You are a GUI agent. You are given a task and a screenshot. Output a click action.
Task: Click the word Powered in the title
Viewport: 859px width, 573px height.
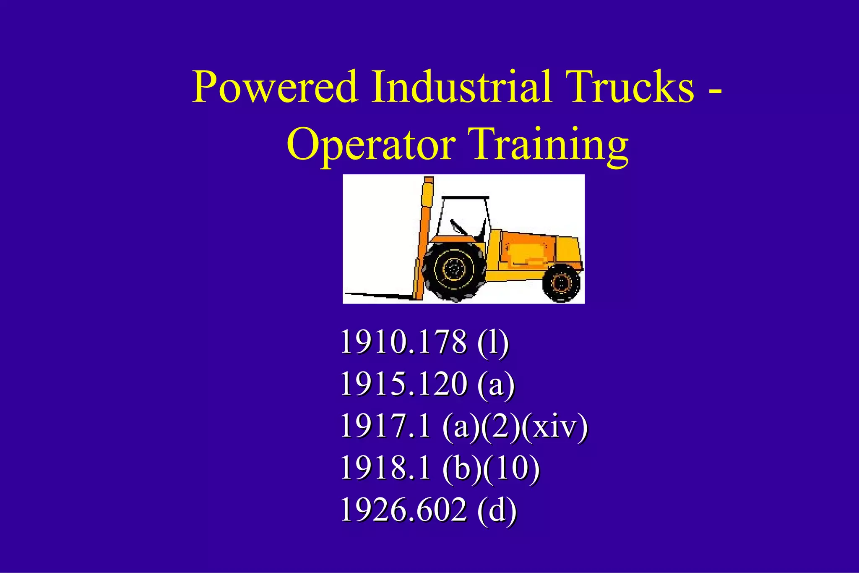click(x=275, y=87)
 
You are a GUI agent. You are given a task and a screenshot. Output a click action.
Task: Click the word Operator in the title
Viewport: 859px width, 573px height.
click(x=371, y=145)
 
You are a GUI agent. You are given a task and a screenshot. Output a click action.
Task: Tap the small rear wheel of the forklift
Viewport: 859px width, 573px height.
click(x=561, y=283)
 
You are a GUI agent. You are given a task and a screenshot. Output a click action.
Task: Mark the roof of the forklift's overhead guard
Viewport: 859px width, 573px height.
click(x=465, y=197)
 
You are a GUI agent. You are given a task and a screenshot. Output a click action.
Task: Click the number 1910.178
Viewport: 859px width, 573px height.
click(x=403, y=342)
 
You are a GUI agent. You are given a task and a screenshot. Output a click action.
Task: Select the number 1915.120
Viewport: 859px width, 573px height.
click(x=403, y=384)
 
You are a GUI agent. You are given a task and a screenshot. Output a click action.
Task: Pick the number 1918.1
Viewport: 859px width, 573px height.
click(x=385, y=468)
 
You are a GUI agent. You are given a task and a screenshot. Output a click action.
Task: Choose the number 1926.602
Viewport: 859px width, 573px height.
click(x=403, y=510)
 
